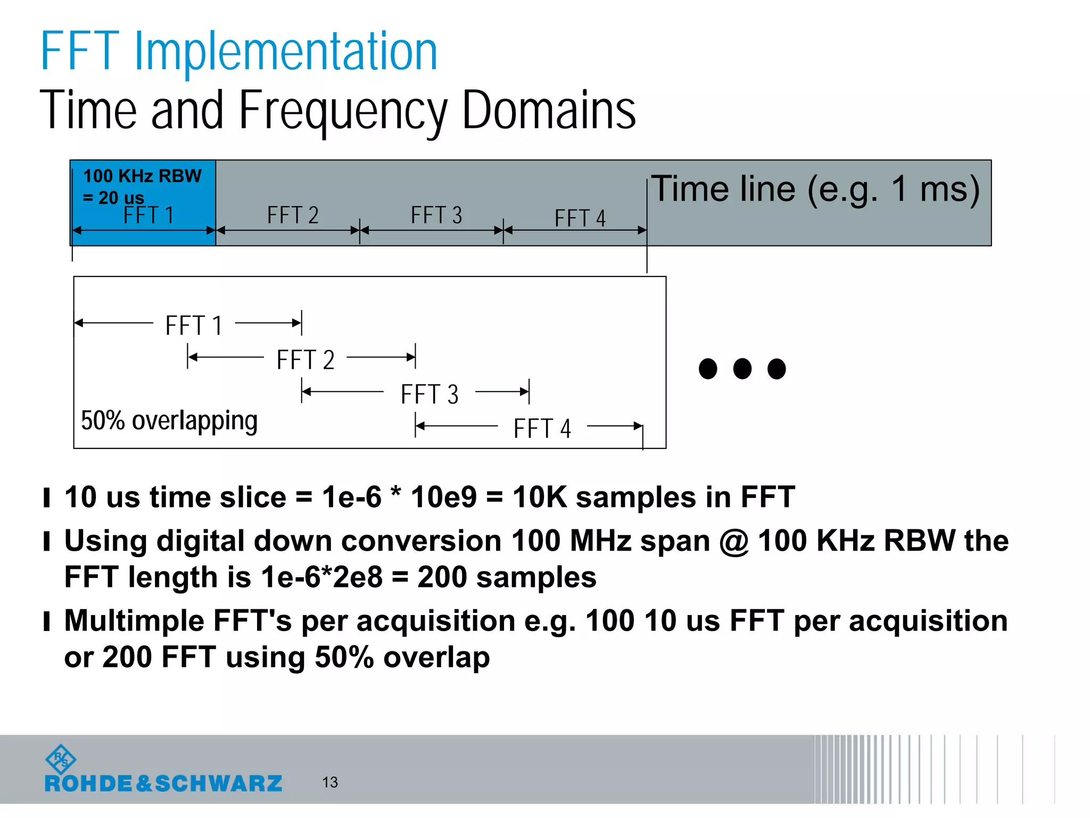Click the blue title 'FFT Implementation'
pos(238,52)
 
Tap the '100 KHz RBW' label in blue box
pos(142,176)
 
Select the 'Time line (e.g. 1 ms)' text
pos(815,189)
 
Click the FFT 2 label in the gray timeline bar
pos(293,215)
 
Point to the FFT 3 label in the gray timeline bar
pos(436,215)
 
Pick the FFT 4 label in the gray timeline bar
pos(580,218)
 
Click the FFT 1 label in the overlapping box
pos(194,325)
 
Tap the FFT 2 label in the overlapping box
pos(305,360)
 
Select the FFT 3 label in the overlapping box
pos(430,395)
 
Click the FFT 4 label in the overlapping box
pos(542,429)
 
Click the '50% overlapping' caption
pos(169,421)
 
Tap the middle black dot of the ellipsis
pos(742,369)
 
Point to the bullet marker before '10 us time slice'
pos(47,498)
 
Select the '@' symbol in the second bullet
pos(734,542)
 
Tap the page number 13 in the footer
pos(330,782)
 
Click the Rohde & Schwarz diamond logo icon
pos(61,758)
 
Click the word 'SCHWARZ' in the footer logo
pos(218,783)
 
